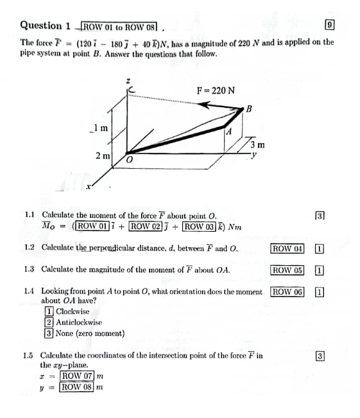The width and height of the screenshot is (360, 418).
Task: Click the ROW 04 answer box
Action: (287, 248)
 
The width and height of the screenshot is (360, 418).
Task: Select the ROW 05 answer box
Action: (287, 270)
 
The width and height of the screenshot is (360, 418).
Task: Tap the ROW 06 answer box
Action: (287, 292)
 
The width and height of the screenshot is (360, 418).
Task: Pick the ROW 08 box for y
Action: (76, 387)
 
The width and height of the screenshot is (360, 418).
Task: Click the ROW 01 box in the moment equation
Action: (96, 225)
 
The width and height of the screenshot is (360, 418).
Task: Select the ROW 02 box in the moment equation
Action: (146, 225)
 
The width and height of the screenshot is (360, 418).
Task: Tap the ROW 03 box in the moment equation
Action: (200, 225)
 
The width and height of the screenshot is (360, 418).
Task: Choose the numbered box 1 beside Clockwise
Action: (49, 312)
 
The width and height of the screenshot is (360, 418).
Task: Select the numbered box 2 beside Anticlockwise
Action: (49, 322)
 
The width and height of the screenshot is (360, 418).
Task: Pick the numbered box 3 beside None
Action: (49, 333)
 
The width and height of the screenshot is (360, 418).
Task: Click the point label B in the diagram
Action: (250, 109)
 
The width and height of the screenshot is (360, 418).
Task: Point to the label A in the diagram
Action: (228, 131)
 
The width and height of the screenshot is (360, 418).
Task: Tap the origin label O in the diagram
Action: (128, 160)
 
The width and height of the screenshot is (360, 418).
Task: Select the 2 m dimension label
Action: (101, 156)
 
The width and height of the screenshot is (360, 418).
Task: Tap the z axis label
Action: (128, 80)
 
